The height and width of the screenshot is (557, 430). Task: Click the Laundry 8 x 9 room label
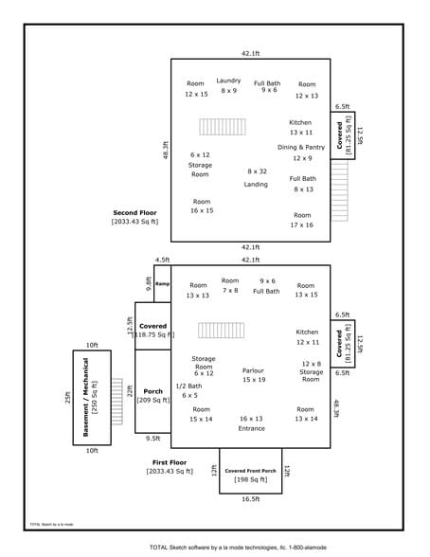[228, 85]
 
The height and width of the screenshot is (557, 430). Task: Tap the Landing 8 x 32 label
[257, 177]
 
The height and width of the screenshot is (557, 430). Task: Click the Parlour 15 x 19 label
[253, 375]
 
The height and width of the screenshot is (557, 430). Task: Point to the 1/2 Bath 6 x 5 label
[189, 390]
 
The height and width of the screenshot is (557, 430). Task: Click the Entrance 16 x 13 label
[252, 422]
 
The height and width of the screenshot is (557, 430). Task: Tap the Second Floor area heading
[134, 217]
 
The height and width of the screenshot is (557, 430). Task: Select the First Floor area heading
[170, 466]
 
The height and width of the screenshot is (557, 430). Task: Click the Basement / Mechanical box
[92, 398]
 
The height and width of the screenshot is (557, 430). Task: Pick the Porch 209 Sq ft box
[152, 397]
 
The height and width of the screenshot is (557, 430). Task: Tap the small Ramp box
[162, 284]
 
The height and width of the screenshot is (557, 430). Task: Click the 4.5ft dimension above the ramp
[162, 260]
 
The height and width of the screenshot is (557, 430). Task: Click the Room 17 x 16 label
[302, 221]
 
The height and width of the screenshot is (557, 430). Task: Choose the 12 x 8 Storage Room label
[312, 368]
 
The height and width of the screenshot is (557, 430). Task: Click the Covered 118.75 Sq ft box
[152, 328]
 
